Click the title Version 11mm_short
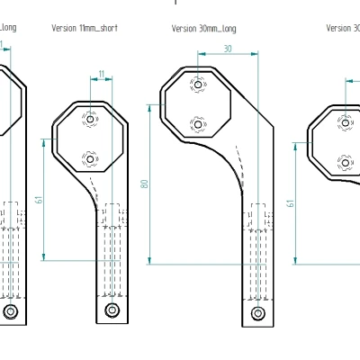click(85, 28)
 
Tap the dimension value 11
click(101, 73)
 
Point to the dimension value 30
click(227, 49)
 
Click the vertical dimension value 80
click(144, 184)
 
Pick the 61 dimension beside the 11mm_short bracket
click(39, 200)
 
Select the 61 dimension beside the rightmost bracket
click(291, 202)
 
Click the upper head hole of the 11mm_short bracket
click(89, 118)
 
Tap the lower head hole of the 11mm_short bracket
click(89, 158)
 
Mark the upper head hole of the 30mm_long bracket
click(198, 83)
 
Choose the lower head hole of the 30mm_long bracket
click(198, 123)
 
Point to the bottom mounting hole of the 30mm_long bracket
click(258, 313)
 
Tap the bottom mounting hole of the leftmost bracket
click(10, 310)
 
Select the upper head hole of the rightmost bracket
click(343, 121)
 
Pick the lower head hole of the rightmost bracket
click(343, 162)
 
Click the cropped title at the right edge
click(343, 28)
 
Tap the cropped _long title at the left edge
click(7, 27)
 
